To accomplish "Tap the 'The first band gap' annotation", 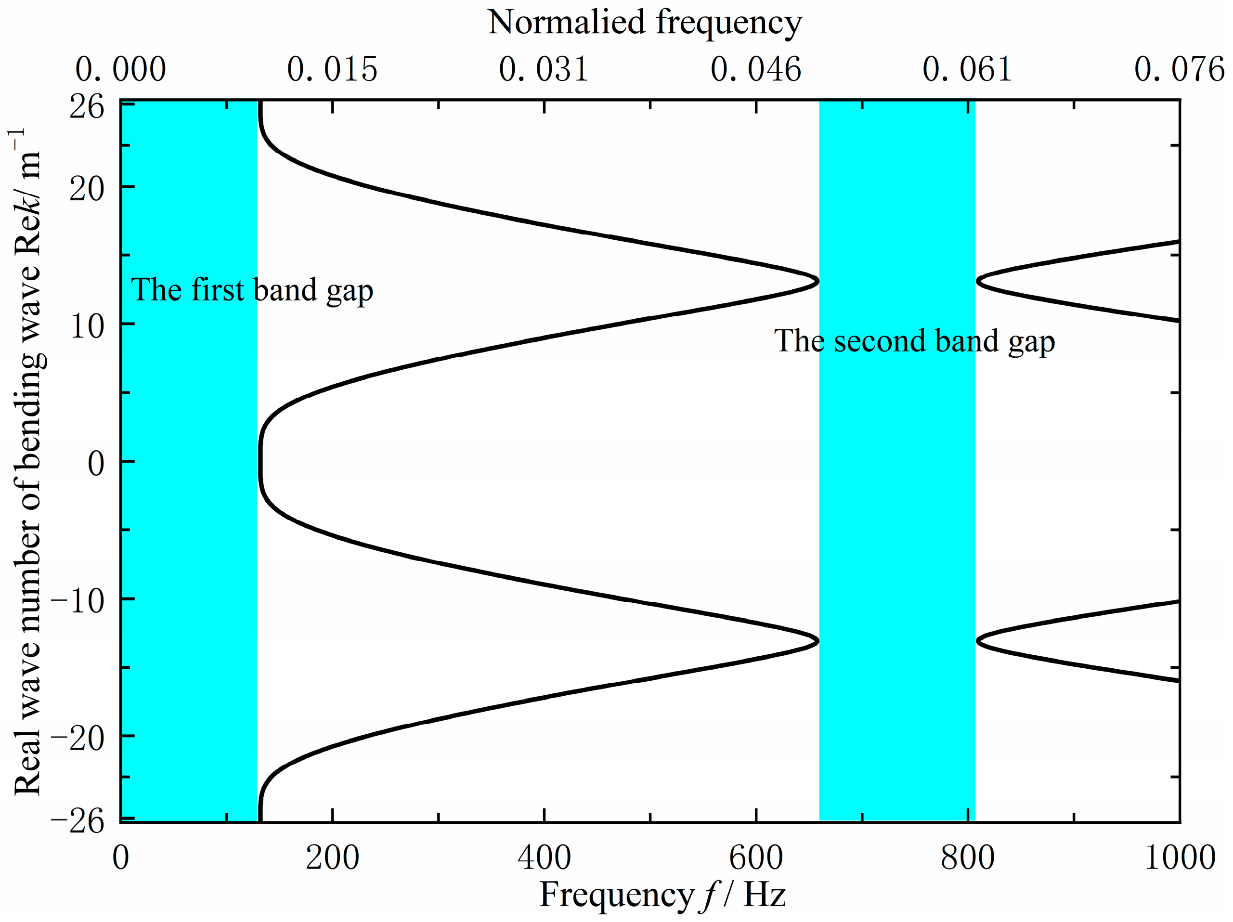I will coord(252,290).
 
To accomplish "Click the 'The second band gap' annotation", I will coord(914,341).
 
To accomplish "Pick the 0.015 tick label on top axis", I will coord(332,70).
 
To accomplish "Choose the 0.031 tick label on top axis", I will coord(544,70).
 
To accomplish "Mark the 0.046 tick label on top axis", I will coord(755,70).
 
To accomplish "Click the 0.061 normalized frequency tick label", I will coord(967,70).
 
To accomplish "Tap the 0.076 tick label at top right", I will coord(1179,70).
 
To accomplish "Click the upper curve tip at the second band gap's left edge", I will coord(817,281).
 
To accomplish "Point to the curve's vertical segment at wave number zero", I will coord(260,462).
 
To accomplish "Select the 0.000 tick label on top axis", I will coord(120,70).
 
